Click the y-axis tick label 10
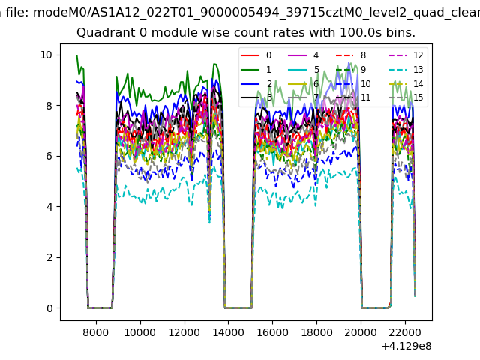[46, 55]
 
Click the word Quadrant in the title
[102, 33]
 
